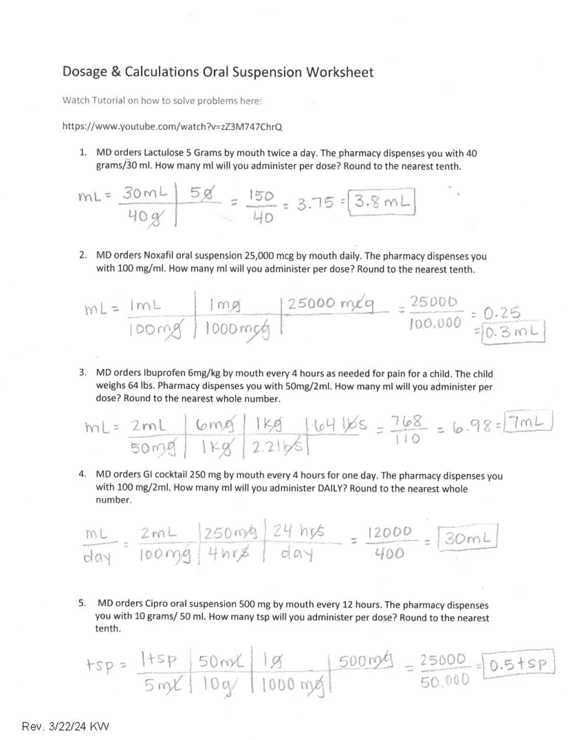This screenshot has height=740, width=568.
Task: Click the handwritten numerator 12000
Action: pyautogui.click(x=390, y=532)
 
